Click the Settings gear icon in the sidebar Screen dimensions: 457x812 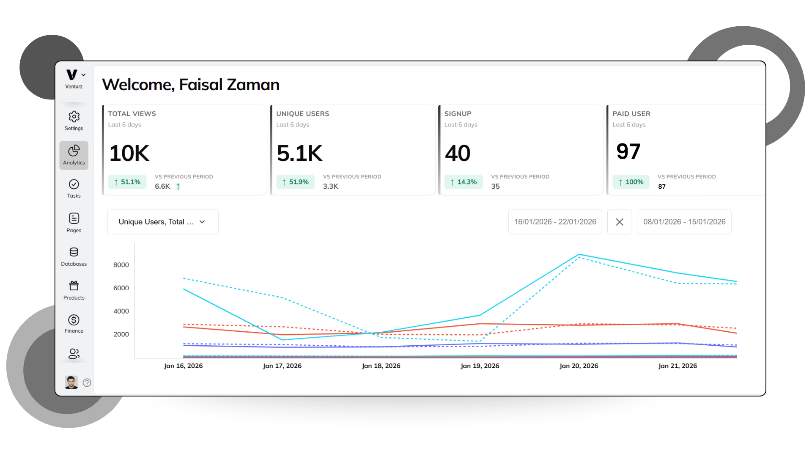[74, 117]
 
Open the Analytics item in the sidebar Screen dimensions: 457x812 [74, 155]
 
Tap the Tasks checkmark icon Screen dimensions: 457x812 [74, 184]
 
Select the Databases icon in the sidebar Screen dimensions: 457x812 [74, 252]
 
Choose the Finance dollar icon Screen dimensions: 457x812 [74, 320]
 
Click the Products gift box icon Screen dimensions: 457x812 [74, 286]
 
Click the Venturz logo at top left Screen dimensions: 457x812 [72, 75]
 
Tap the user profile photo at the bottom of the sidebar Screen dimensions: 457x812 [71, 382]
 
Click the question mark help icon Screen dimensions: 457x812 [87, 383]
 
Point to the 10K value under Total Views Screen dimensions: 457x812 [129, 153]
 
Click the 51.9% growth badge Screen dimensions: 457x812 [295, 182]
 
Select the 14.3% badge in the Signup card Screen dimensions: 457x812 [464, 182]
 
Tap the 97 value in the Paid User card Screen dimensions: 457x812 [628, 151]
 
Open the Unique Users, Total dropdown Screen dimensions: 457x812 [163, 222]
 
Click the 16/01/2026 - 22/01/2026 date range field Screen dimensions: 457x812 [555, 222]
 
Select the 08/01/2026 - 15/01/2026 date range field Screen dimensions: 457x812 [684, 222]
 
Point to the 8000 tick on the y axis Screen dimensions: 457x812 [121, 265]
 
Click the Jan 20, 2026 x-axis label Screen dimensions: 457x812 [579, 366]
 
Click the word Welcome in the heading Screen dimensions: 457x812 [138, 85]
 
